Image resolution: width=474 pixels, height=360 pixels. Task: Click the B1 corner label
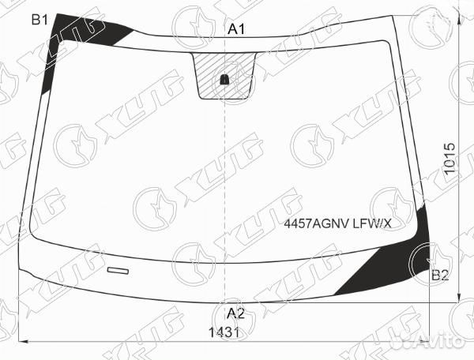(39, 21)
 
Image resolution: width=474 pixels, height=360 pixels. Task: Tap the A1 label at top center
(236, 29)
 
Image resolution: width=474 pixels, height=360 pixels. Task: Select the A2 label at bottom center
(235, 313)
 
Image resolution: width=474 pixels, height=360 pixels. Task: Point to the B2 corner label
(440, 276)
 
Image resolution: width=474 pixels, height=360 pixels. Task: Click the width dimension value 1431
(224, 333)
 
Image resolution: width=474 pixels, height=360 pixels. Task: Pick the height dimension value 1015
(450, 158)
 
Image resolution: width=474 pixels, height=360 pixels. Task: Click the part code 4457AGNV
(317, 223)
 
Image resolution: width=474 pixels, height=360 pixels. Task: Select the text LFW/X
(372, 223)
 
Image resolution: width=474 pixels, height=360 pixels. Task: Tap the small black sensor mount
(224, 80)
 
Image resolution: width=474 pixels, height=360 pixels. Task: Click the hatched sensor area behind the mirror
(224, 76)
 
